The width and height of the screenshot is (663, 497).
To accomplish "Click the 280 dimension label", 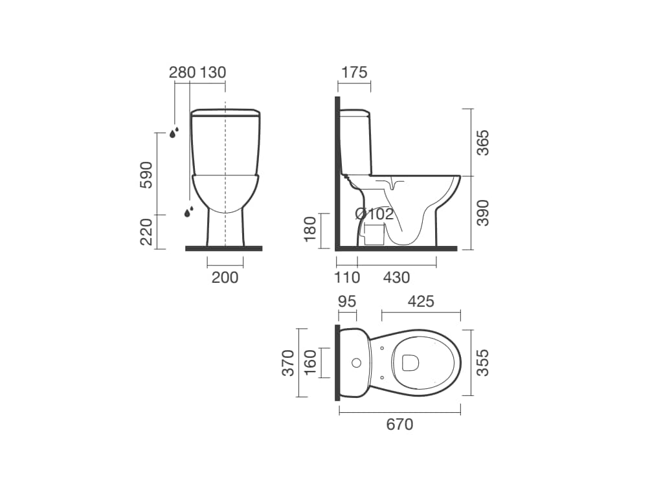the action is pyautogui.click(x=182, y=72).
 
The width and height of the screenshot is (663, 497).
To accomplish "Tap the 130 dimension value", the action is pyautogui.click(x=212, y=72).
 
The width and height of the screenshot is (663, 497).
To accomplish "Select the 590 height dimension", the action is pyautogui.click(x=146, y=175).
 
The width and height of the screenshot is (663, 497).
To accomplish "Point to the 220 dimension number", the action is pyautogui.click(x=146, y=232).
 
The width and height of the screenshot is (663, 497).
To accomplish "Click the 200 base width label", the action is pyautogui.click(x=225, y=278).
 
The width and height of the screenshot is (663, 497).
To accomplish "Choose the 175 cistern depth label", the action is pyautogui.click(x=354, y=72).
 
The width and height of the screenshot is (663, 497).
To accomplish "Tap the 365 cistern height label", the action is pyautogui.click(x=482, y=142).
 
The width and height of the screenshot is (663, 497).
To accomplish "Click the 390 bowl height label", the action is pyautogui.click(x=482, y=213).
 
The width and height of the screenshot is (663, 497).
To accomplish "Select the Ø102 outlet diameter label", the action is pyautogui.click(x=375, y=214).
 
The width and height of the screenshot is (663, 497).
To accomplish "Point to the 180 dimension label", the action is pyautogui.click(x=310, y=228).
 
